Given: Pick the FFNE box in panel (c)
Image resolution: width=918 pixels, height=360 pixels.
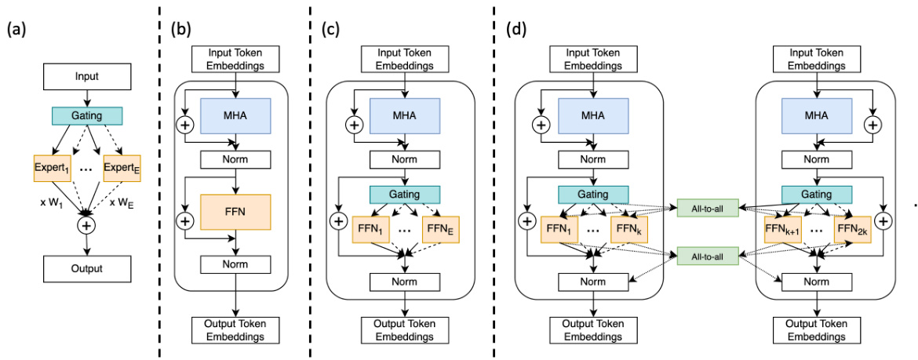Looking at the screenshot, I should [x=439, y=230].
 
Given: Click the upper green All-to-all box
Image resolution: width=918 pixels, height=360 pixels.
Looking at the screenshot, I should [x=709, y=209].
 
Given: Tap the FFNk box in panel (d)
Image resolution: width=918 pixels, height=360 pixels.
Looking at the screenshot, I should [x=629, y=230].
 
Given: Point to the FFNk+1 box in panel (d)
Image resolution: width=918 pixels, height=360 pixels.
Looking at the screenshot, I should [x=783, y=230].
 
